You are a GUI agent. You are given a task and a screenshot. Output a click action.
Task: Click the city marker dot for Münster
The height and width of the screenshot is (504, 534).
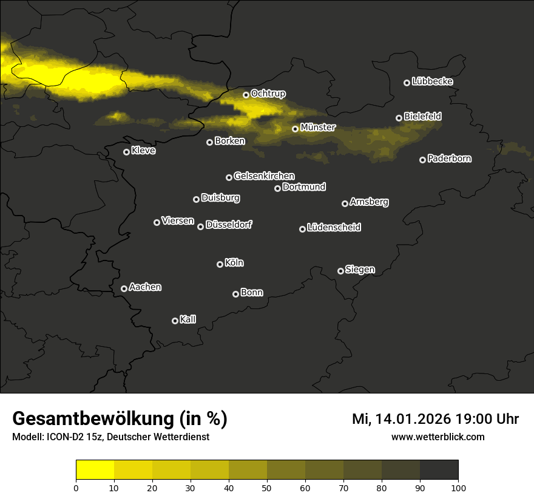(295, 129)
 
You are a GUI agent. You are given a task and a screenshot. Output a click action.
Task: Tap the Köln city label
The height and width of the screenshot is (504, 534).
(234, 263)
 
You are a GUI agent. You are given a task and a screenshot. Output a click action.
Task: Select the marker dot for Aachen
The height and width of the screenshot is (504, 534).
(124, 288)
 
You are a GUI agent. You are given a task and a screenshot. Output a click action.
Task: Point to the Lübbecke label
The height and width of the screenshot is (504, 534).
(432, 81)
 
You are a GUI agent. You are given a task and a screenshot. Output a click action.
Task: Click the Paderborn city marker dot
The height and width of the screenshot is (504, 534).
(422, 160)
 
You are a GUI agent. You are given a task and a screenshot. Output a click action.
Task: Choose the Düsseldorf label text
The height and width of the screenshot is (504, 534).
(229, 225)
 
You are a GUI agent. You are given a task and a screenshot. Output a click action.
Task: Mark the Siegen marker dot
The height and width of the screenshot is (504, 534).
(340, 271)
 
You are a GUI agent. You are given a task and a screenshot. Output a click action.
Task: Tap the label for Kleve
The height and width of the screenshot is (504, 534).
(143, 151)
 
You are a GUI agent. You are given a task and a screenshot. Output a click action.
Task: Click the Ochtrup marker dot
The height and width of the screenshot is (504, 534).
(246, 95)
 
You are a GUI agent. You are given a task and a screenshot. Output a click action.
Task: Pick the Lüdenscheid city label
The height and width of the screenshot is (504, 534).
(334, 228)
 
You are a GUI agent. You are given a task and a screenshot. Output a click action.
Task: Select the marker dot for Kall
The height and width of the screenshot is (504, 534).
(175, 321)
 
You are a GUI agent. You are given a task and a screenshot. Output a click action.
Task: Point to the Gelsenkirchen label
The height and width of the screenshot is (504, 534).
(264, 176)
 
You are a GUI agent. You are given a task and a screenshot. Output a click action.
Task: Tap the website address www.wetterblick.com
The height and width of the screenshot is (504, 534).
(438, 437)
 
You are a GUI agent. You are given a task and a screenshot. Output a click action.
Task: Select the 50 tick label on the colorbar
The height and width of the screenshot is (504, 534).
(267, 487)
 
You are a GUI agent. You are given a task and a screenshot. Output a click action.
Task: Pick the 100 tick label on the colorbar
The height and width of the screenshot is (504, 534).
(458, 487)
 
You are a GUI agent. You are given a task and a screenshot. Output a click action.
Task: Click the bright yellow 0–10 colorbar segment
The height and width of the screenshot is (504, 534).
(95, 469)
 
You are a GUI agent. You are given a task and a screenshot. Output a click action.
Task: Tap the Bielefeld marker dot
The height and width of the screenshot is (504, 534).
(399, 118)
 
